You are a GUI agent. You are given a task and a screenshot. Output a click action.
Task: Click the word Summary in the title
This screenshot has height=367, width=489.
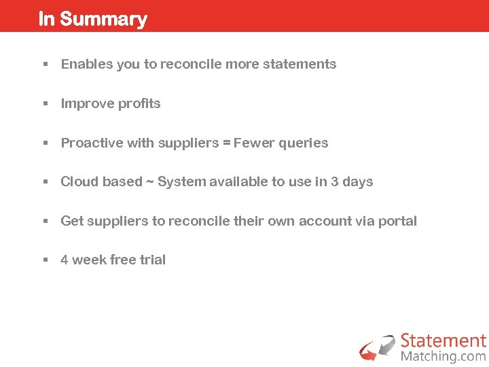tap(103, 19)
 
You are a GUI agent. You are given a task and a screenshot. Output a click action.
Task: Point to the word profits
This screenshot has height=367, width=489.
tap(139, 104)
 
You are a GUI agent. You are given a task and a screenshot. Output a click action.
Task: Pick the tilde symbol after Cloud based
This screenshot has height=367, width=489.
tap(149, 182)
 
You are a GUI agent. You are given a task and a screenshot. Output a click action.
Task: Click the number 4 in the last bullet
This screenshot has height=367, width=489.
tap(65, 260)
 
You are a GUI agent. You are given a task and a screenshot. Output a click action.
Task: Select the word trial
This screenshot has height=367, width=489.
tap(152, 260)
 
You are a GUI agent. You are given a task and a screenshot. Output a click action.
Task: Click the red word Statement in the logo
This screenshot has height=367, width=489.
tap(443, 341)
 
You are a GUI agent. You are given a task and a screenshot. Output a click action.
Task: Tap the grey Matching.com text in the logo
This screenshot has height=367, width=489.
tap(443, 356)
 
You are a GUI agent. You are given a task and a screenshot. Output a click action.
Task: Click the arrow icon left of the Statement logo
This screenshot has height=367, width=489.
tap(378, 347)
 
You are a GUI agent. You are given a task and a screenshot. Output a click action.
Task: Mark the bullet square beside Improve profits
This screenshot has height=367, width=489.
tap(44, 104)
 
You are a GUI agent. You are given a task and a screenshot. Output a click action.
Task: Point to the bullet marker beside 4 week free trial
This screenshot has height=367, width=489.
tap(44, 260)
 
